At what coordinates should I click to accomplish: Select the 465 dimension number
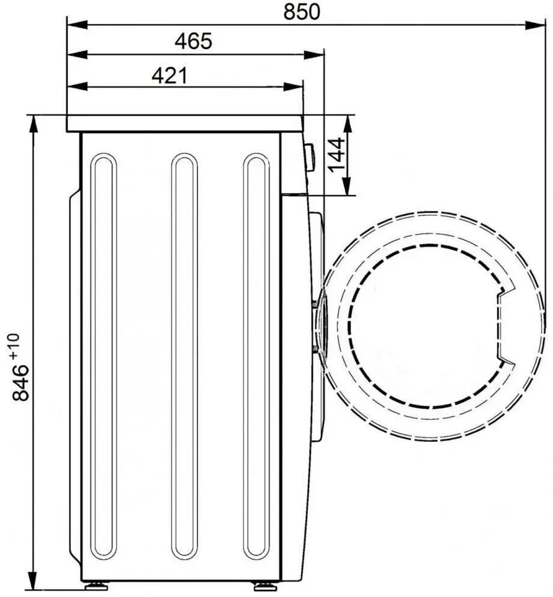pos(193,41)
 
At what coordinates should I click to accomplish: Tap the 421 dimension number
pos(170,75)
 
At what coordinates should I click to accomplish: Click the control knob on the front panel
pos(310,157)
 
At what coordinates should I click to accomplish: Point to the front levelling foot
pos(263,585)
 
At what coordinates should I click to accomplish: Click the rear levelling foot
pos(93,585)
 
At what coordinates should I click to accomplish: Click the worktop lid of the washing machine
pos(184,123)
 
